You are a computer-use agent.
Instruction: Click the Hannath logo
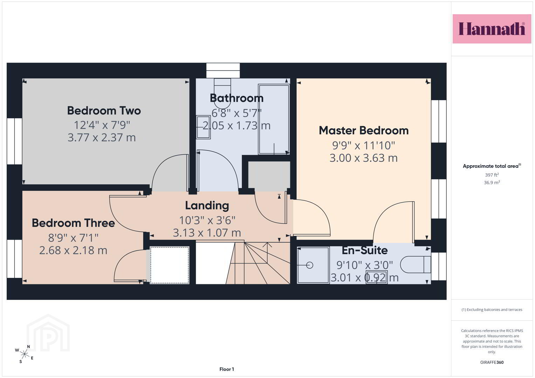click(492, 29)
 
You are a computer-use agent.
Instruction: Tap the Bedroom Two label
click(104, 111)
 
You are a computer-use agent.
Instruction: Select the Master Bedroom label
click(364, 131)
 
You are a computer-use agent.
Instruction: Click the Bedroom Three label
click(73, 223)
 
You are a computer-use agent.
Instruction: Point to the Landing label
click(207, 206)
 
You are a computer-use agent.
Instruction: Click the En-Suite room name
click(365, 250)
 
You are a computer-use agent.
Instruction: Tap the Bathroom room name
click(237, 98)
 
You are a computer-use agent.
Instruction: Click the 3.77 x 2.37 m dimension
click(102, 138)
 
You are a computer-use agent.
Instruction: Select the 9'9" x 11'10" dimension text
click(364, 145)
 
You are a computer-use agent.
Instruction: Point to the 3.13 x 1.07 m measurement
click(207, 233)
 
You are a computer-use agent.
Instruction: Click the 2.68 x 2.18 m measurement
click(73, 250)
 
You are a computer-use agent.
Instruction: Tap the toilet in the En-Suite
click(416, 265)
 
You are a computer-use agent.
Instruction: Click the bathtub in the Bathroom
click(274, 119)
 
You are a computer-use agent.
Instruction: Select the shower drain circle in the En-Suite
click(309, 265)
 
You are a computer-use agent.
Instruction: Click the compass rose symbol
click(24, 354)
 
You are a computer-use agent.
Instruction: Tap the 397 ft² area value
click(492, 175)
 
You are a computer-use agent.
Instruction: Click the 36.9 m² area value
click(492, 183)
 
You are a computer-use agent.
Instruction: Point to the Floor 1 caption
click(227, 369)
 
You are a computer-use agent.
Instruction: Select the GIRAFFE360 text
click(492, 362)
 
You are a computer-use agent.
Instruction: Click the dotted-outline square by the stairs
click(170, 265)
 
